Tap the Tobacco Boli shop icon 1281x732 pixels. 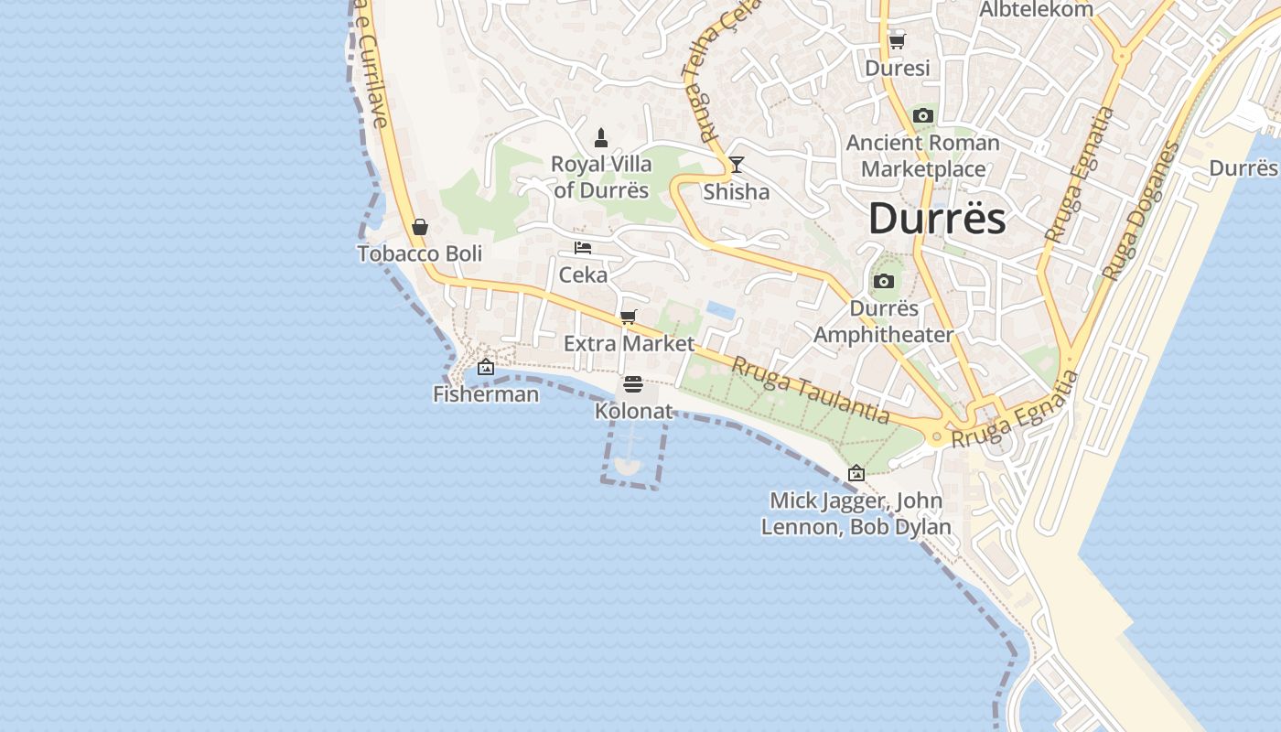[420, 227]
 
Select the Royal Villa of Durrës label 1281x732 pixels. [601, 178]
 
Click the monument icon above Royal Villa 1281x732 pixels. [601, 138]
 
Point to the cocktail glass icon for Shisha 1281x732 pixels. [736, 166]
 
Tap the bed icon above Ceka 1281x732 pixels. [583, 248]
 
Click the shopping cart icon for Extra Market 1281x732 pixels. [629, 318]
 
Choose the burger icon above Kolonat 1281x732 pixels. [633, 384]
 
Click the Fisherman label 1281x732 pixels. [486, 394]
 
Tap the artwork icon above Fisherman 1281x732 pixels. [486, 368]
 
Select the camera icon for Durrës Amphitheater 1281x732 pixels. [884, 282]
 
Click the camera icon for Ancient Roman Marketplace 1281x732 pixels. [923, 116]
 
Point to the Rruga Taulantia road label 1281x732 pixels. [811, 391]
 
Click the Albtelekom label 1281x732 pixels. [1037, 10]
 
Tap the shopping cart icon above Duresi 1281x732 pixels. [897, 41]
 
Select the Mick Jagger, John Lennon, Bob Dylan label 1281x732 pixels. [856, 514]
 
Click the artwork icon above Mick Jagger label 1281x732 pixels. [856, 474]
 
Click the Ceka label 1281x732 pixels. [583, 274]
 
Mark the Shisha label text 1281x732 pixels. [736, 192]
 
